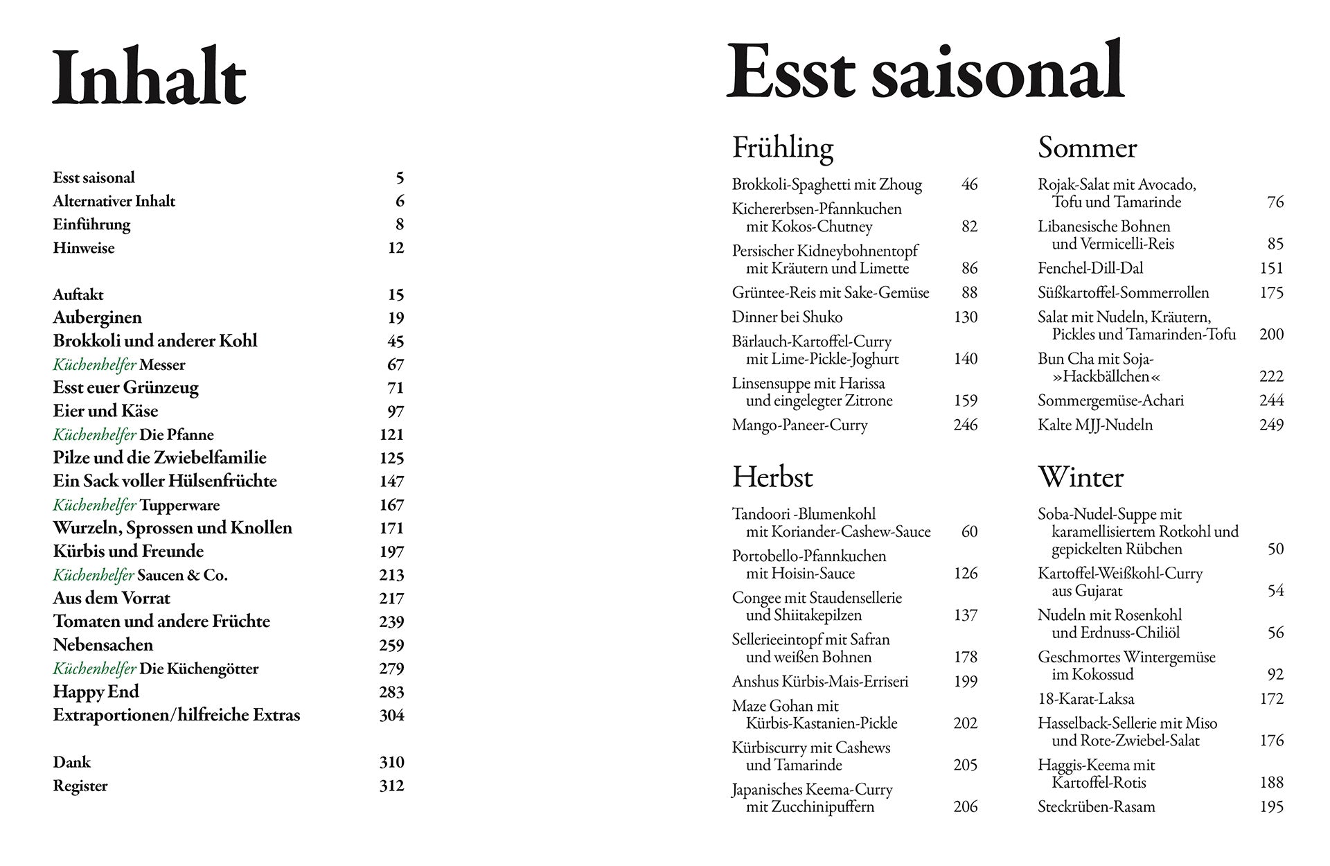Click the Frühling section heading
pyautogui.click(x=782, y=148)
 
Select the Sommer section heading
pyautogui.click(x=1087, y=148)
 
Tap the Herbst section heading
pyautogui.click(x=772, y=477)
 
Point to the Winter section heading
pyautogui.click(x=1080, y=477)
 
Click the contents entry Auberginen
pyautogui.click(x=97, y=318)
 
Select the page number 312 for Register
pyautogui.click(x=391, y=786)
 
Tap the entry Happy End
pyautogui.click(x=96, y=692)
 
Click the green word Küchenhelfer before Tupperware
pyautogui.click(x=94, y=505)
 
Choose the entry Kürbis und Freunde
pyautogui.click(x=128, y=551)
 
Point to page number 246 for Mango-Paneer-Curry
pyautogui.click(x=965, y=425)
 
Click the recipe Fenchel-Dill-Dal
pyautogui.click(x=1090, y=268)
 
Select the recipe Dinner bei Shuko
pyautogui.click(x=787, y=317)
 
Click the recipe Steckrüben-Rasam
pyautogui.click(x=1096, y=807)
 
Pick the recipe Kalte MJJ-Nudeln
pyautogui.click(x=1094, y=425)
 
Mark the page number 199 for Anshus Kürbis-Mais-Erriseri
pyautogui.click(x=965, y=682)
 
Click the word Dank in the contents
pyautogui.click(x=71, y=763)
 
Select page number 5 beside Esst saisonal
pyautogui.click(x=400, y=178)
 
